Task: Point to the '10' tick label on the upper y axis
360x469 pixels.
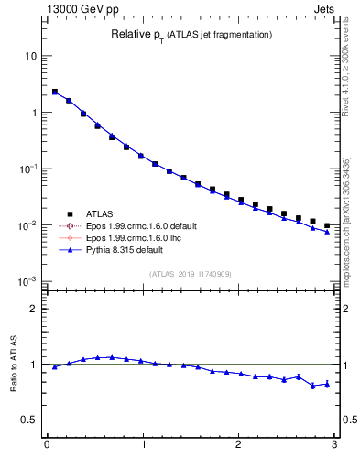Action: (30, 56)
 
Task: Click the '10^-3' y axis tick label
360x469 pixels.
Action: (27, 281)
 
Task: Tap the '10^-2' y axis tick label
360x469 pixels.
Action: (27, 225)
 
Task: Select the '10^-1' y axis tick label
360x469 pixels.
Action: (27, 169)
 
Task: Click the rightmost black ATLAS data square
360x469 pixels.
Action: (327, 225)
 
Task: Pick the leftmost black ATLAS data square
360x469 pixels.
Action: (55, 92)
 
